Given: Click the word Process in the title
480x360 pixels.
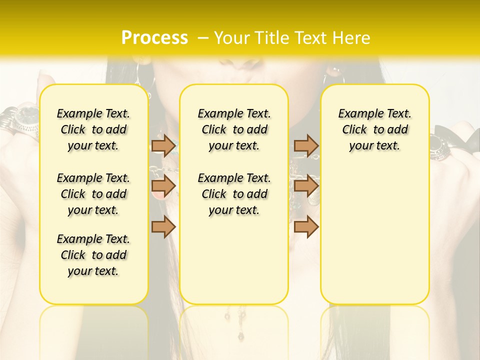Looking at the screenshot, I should [154, 38].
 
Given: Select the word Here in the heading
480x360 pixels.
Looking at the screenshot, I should [350, 38].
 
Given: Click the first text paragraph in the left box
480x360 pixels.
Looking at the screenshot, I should [93, 129].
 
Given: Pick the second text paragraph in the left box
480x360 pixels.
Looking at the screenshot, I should [93, 194].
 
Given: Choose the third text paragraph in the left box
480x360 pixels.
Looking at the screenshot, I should [93, 255].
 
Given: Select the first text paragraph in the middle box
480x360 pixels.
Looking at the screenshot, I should [234, 129].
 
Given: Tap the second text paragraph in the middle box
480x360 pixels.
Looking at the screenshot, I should [234, 194].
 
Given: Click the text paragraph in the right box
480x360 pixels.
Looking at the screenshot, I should [374, 129].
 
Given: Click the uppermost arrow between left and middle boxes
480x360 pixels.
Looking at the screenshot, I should [163, 145].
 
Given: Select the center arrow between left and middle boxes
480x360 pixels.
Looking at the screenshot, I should [163, 186].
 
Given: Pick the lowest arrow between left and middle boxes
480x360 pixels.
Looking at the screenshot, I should [163, 226].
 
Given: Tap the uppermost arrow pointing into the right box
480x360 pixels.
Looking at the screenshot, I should [306, 145].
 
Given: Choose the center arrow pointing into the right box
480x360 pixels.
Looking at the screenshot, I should [306, 186].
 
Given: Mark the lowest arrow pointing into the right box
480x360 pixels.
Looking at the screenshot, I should [306, 226].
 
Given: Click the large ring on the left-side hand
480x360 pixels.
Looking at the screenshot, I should [25, 120].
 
